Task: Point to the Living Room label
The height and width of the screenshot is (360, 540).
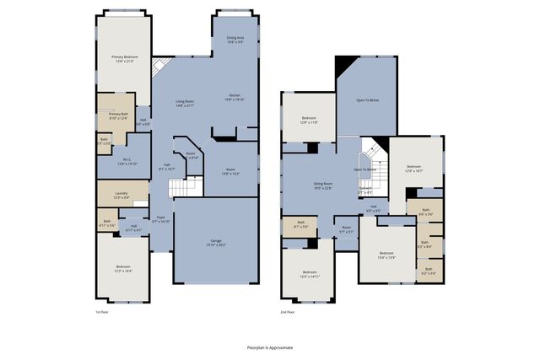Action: pyautogui.click(x=185, y=103)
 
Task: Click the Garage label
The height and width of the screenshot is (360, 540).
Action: pyautogui.click(x=217, y=243)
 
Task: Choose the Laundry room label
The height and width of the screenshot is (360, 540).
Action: pyautogui.click(x=121, y=196)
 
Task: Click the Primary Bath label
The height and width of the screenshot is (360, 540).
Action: pyautogui.click(x=118, y=116)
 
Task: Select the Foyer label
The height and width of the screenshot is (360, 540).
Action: pyautogui.click(x=160, y=219)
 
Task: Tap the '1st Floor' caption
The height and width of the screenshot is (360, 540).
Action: pyautogui.click(x=102, y=311)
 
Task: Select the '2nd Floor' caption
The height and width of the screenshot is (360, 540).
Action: pyautogui.click(x=289, y=311)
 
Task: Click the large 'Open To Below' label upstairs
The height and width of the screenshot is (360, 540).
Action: pyautogui.click(x=366, y=99)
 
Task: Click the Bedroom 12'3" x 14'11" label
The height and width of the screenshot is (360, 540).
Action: pyautogui.click(x=309, y=273)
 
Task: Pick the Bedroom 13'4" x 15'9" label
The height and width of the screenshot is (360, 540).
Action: pyautogui.click(x=386, y=255)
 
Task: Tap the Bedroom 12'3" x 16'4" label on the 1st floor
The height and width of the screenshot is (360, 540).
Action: pyautogui.click(x=123, y=269)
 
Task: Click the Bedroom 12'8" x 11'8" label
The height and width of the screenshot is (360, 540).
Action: pyautogui.click(x=309, y=120)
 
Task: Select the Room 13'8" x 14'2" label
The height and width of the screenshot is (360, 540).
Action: pyautogui.click(x=230, y=172)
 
